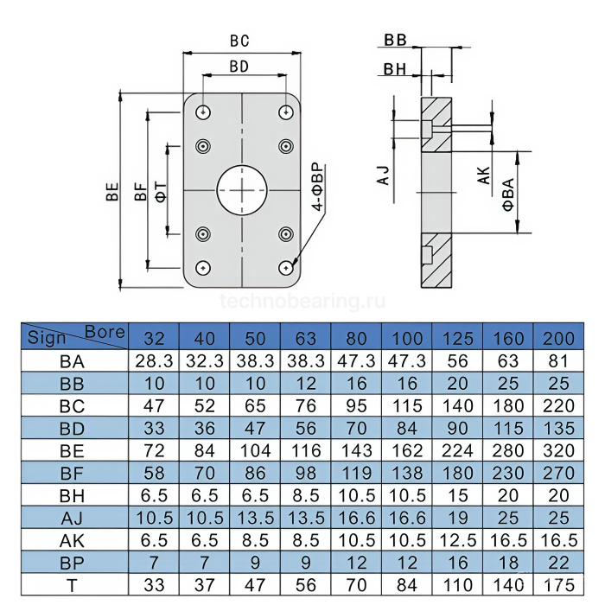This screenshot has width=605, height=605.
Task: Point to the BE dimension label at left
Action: click(112, 191)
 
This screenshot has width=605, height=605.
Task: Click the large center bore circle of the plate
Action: click(243, 189)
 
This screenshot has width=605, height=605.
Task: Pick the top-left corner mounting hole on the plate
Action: click(202, 112)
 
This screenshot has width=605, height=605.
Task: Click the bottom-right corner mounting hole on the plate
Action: click(284, 267)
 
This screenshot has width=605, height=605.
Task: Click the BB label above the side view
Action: click(396, 41)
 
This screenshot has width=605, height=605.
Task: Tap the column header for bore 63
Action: click(305, 337)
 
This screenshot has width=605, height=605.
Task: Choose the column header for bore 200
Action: click(559, 337)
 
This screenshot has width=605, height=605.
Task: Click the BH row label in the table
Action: click(73, 495)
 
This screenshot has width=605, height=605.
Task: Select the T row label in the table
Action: click(73, 585)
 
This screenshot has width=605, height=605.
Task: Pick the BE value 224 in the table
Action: click(458, 449)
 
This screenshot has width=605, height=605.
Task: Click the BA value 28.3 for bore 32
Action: click(153, 360)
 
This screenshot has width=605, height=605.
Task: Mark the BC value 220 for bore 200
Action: click(559, 405)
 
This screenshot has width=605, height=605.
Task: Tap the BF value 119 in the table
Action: click(356, 473)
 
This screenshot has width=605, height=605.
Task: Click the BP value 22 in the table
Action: click(559, 563)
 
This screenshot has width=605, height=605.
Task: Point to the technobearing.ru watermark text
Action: click(302, 302)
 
